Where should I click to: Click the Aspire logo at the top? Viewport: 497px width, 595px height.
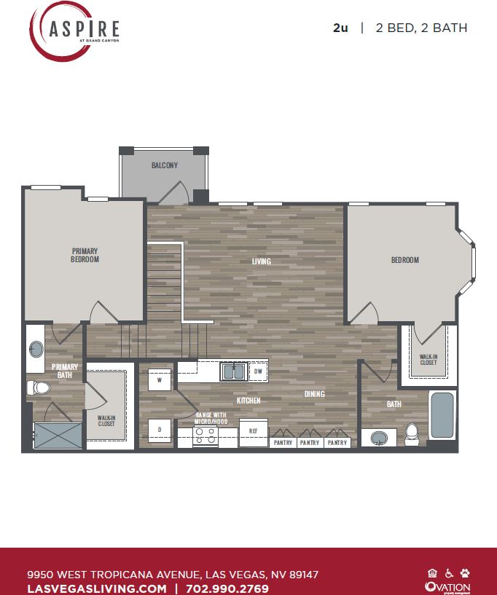pos(74,31)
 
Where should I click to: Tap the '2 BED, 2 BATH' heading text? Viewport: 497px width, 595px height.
pos(421,28)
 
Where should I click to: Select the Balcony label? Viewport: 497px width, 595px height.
pos(164,165)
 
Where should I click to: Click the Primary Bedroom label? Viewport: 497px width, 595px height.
pos(85,255)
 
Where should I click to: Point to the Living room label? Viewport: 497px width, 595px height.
pos(261,261)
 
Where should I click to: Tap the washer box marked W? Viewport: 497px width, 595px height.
pos(160,379)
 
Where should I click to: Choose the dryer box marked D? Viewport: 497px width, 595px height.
pos(160,430)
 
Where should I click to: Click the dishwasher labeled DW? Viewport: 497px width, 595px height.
pos(257,371)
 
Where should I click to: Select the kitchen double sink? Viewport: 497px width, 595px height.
pos(233,371)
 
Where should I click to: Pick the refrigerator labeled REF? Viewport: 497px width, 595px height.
pos(253,431)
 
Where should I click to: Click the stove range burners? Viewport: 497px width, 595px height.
pos(205,436)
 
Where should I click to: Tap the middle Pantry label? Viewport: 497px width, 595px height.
pos(309,443)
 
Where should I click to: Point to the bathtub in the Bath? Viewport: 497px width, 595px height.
pos(442,415)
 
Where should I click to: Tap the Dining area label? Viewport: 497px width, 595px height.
pos(314,394)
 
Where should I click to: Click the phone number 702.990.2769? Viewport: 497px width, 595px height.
pos(227,588)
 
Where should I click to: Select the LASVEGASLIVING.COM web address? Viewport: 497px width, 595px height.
pos(97,588)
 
